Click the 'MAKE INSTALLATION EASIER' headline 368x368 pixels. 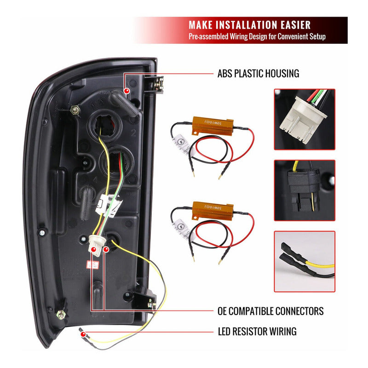click(249, 25)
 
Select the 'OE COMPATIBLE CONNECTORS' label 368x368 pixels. click(270, 311)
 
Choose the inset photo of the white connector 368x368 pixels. click(305, 119)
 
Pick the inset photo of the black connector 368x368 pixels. click(305, 190)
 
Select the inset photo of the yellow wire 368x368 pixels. click(305, 261)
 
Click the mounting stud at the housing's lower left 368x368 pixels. click(60, 315)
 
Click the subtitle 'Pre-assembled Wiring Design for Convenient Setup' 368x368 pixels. click(257, 37)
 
